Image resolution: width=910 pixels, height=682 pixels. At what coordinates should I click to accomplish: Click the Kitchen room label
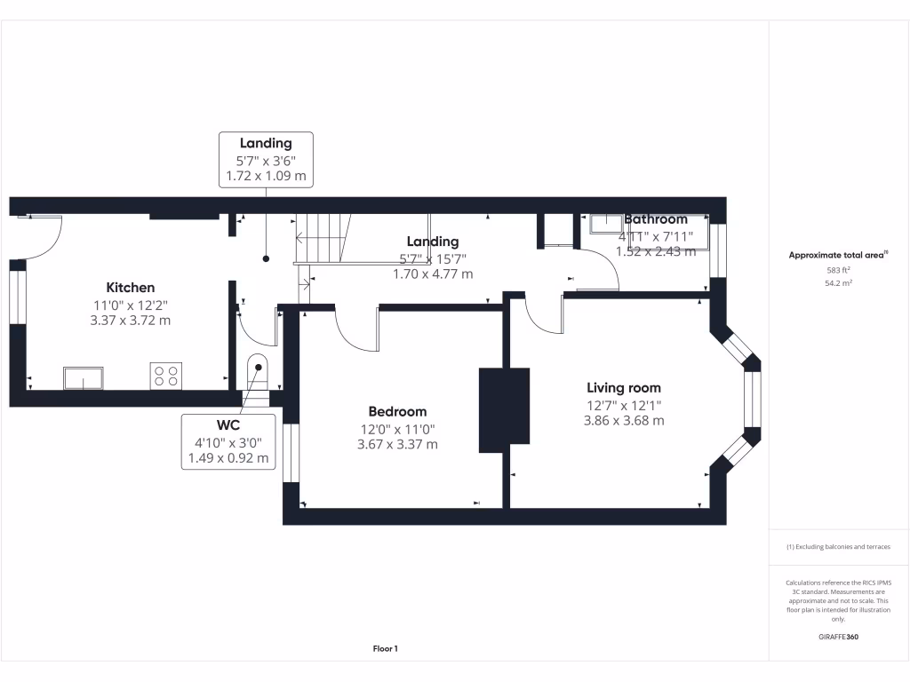click(x=131, y=288)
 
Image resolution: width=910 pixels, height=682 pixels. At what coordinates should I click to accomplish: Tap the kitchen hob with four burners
click(x=166, y=376)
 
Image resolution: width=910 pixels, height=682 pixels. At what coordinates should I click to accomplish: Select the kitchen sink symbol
click(x=83, y=377)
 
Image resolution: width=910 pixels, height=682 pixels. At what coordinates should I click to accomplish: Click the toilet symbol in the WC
click(x=256, y=368)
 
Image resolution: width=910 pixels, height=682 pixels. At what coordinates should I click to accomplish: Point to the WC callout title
click(x=227, y=425)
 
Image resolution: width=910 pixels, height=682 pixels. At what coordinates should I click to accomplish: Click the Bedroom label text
click(x=397, y=411)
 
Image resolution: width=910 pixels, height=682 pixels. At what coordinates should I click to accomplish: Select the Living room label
click(x=623, y=387)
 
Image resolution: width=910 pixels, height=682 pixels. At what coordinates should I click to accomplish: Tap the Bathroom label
click(x=656, y=219)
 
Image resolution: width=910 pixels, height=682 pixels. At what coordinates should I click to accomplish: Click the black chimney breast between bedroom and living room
click(x=504, y=409)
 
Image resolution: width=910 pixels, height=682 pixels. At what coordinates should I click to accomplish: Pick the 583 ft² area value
click(x=838, y=270)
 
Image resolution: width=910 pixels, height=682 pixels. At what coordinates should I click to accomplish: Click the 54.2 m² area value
click(x=838, y=282)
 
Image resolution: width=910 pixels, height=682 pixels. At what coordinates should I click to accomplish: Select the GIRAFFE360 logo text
click(x=838, y=637)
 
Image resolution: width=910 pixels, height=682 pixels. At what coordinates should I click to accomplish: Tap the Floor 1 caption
click(x=385, y=649)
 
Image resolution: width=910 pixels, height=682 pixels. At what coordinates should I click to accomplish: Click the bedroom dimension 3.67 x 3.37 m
click(x=397, y=444)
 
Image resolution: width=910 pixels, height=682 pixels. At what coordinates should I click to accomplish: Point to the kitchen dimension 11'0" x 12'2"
click(x=131, y=305)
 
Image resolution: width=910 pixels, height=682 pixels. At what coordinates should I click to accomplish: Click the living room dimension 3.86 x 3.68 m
click(x=623, y=420)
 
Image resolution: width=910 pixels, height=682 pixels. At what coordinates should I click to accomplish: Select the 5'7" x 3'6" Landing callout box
click(x=265, y=160)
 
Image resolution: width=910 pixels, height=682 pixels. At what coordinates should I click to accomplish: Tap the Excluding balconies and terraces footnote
click(x=838, y=547)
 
